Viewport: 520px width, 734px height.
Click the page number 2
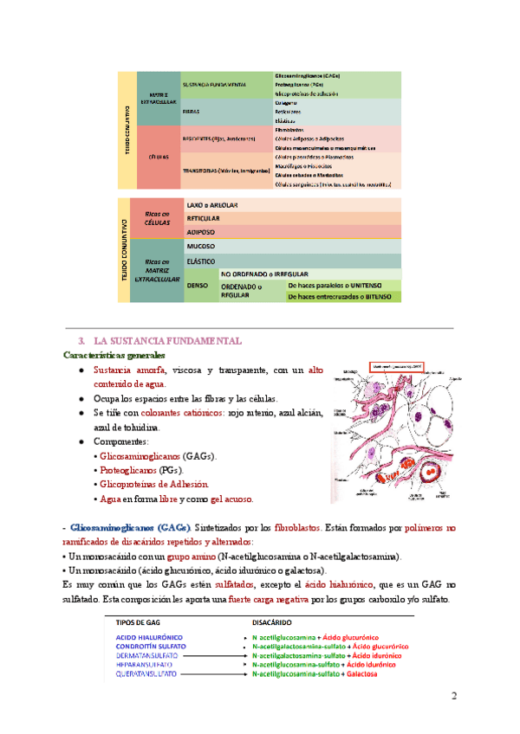(x=452, y=697)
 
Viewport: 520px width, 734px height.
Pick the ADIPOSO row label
(x=203, y=232)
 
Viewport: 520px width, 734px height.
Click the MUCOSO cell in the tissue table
(x=201, y=246)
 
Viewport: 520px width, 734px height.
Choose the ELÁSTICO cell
(x=203, y=260)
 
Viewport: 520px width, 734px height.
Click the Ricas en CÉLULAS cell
(x=157, y=218)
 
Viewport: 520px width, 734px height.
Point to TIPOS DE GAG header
(x=141, y=621)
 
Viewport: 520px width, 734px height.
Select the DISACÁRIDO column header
(x=276, y=621)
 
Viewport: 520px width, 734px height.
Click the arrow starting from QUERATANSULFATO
(x=211, y=673)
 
